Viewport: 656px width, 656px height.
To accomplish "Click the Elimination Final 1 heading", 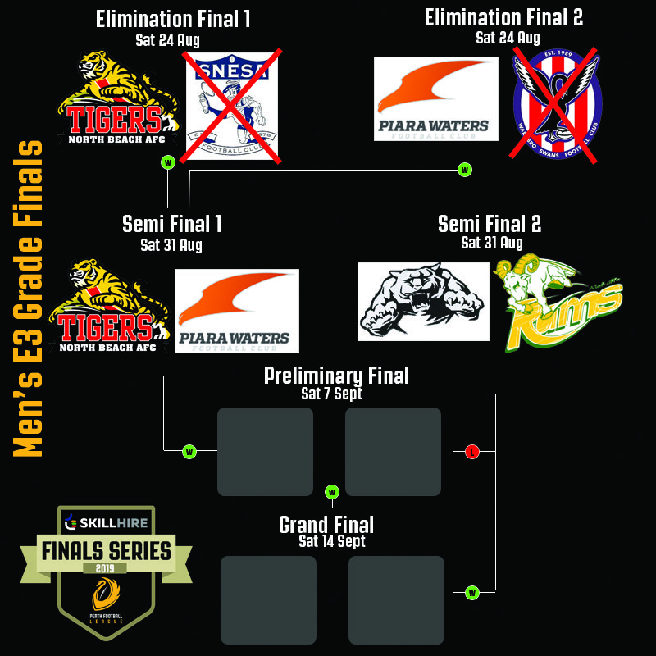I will coord(172,20).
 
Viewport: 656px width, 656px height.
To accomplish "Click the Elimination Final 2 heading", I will coord(503,18).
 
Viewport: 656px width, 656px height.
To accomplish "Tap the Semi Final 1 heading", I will coord(171,224).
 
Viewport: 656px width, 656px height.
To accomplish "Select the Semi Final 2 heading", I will coord(490,224).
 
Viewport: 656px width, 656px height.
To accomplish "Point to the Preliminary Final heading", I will coord(336,376).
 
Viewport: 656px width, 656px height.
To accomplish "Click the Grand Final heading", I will coord(326,525).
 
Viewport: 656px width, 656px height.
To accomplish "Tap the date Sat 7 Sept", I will coord(331,394).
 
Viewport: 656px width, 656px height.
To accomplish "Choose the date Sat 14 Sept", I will coord(332,541).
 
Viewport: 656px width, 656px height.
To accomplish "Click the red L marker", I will coord(471,451).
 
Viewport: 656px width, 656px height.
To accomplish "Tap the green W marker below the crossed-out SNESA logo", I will coord(168,162).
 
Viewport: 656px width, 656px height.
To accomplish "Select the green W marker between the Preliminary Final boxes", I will coord(332,492).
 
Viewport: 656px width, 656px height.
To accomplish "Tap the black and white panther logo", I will coord(423,301).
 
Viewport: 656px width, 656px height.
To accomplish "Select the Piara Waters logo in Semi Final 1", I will coord(236,311).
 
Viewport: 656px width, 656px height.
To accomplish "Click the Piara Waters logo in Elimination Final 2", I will coord(435,98).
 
